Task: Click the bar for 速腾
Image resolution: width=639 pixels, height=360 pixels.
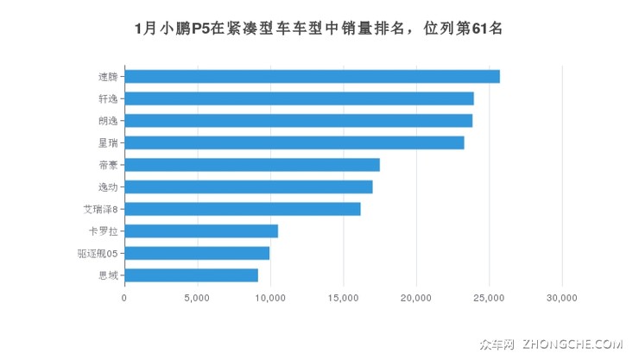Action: (312, 76)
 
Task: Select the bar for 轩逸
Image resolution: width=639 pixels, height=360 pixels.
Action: (299, 98)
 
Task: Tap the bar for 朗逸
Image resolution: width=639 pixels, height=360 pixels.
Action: (298, 120)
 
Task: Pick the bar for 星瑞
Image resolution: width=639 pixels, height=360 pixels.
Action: (294, 142)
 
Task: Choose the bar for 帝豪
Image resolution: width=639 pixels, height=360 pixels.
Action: (252, 165)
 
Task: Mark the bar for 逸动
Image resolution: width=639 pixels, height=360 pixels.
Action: (248, 186)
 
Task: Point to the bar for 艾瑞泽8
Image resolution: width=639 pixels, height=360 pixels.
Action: (242, 209)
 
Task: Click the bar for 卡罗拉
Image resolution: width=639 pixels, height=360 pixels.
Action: (201, 231)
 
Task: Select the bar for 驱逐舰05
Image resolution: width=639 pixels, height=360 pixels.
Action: (197, 253)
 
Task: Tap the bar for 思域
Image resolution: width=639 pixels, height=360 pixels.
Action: (191, 275)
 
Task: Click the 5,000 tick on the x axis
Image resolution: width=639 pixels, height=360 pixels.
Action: (197, 298)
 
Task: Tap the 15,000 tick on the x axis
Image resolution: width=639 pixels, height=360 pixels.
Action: (344, 298)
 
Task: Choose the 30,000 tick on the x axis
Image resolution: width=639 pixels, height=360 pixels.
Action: (562, 298)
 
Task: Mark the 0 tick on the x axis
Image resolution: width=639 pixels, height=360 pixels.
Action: (124, 298)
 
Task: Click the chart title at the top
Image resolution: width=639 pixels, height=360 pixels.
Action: (319, 28)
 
